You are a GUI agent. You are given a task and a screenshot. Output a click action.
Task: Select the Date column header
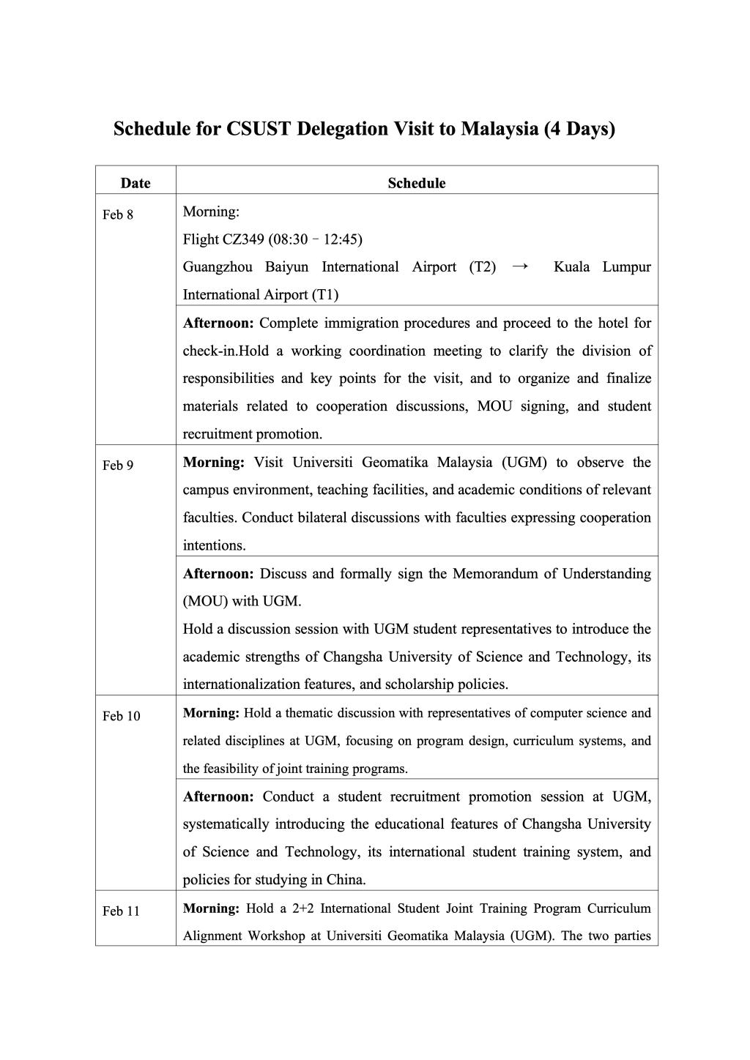[135, 183]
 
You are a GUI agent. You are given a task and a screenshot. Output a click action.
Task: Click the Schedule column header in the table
[416, 183]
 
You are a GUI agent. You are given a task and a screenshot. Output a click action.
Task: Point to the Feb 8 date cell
[118, 214]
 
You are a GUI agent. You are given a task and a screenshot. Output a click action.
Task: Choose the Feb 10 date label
[121, 716]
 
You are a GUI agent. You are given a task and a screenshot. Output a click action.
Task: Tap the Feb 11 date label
[121, 911]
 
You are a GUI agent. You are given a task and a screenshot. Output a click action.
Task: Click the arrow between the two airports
[520, 266]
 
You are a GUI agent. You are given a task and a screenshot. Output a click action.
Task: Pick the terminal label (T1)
[325, 295]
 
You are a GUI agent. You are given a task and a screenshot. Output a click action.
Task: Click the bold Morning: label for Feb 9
[213, 463]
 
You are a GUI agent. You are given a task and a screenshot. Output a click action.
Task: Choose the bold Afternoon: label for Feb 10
[218, 796]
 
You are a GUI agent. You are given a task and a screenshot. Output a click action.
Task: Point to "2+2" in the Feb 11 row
[302, 908]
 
